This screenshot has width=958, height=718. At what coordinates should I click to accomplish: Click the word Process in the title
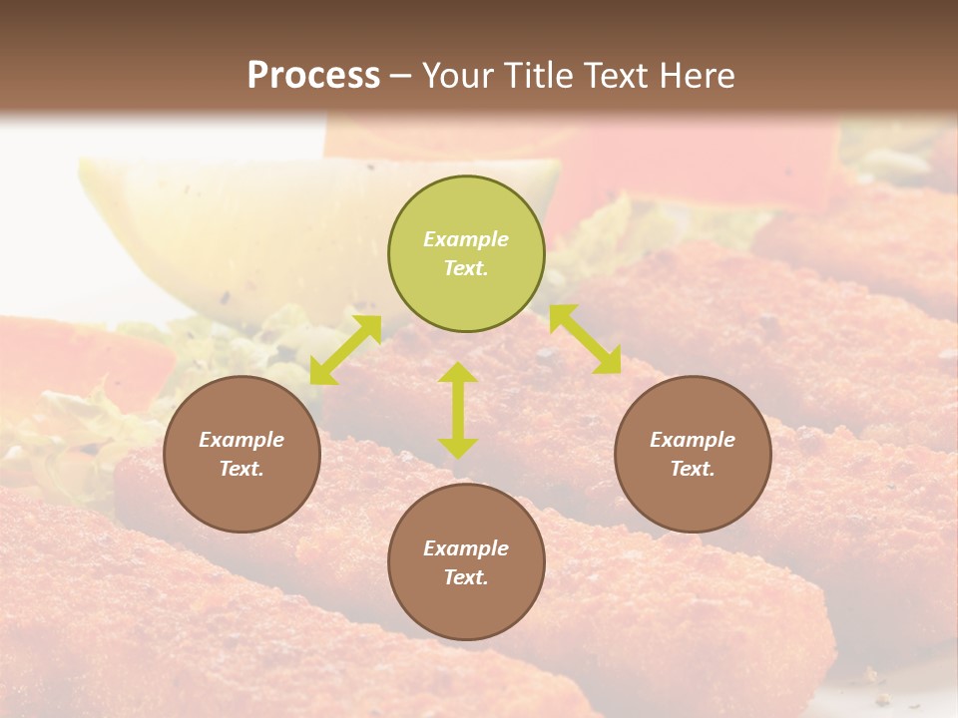click(x=313, y=76)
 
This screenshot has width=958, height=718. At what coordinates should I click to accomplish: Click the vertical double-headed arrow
click(x=458, y=410)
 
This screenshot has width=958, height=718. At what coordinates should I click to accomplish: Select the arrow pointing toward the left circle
click(x=345, y=349)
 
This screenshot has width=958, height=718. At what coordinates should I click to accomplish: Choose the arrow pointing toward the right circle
click(x=585, y=339)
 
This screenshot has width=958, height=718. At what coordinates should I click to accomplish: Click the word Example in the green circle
click(x=466, y=239)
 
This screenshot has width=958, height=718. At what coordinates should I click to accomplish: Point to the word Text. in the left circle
click(x=241, y=469)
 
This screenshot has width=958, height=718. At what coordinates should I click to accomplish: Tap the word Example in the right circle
click(x=693, y=440)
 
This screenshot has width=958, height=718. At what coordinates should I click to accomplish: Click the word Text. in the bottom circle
click(x=466, y=577)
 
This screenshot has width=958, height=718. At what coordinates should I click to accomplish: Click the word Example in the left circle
click(x=241, y=440)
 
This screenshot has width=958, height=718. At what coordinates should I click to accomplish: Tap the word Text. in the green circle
click(x=466, y=268)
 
